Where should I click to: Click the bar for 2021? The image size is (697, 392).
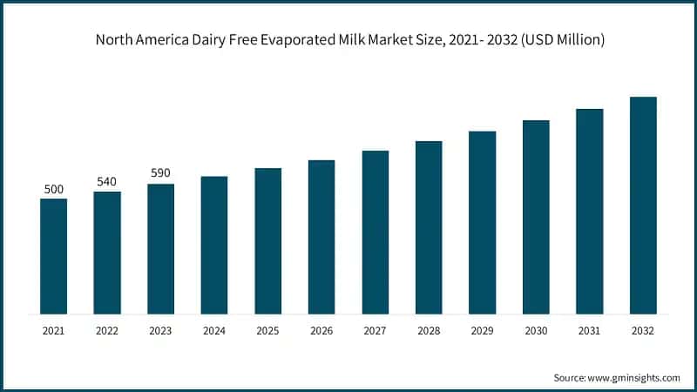[x=54, y=256]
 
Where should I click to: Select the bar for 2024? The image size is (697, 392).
[x=214, y=245]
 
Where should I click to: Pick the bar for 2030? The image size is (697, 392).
[x=536, y=217]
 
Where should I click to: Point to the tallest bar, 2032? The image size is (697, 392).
[x=643, y=205]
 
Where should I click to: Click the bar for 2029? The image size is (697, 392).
[x=482, y=222]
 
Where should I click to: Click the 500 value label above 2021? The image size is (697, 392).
[x=54, y=188]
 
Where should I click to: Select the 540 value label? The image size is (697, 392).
[x=107, y=181]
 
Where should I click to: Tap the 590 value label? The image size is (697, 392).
[x=161, y=173]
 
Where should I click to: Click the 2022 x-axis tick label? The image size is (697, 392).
[x=107, y=331]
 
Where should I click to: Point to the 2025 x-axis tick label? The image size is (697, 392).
[x=268, y=331]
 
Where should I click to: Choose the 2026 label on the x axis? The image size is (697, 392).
[x=321, y=331]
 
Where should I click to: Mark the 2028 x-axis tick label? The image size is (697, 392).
[x=429, y=331]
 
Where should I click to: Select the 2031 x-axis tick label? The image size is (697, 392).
[x=590, y=331]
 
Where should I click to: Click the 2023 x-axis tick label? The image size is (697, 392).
[x=161, y=331]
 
